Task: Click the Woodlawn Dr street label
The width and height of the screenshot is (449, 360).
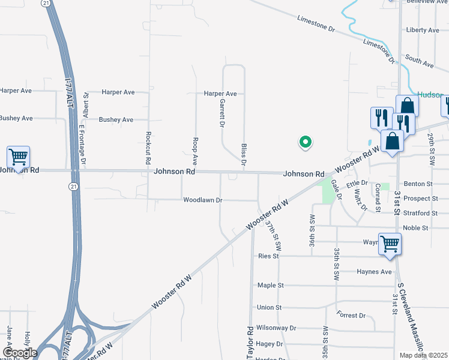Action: click(x=203, y=200)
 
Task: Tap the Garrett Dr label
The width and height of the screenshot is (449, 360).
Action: click(x=221, y=113)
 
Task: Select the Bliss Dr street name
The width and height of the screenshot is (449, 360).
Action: click(x=244, y=154)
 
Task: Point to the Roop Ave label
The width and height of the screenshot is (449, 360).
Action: click(x=195, y=152)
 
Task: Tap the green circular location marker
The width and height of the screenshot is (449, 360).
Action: click(x=306, y=142)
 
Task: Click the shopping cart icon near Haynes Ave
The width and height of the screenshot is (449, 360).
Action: click(x=390, y=244)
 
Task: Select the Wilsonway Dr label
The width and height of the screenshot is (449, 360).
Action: click(x=277, y=328)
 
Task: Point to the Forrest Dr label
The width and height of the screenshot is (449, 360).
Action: click(x=351, y=315)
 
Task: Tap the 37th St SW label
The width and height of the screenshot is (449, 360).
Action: click(x=274, y=236)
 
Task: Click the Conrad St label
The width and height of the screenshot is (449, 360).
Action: click(x=378, y=198)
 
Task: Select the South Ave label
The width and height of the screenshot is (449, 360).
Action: click(x=419, y=61)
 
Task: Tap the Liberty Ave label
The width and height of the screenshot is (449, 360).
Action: click(x=423, y=30)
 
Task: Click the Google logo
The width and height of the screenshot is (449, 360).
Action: click(x=20, y=353)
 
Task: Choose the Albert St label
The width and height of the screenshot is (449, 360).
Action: click(x=86, y=104)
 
